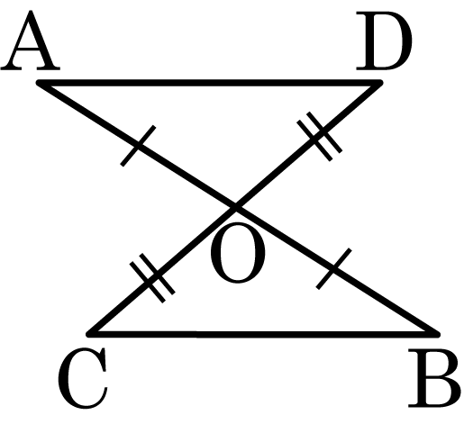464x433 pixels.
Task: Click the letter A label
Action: (30, 41)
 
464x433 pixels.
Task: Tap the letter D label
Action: (384, 41)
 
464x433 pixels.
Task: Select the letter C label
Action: (83, 378)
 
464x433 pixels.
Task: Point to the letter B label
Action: (434, 379)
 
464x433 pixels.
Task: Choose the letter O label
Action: (238, 253)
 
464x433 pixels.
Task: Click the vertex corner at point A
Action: (39, 83)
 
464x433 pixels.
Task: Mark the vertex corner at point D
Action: (380, 83)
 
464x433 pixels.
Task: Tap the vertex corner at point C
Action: (89, 334)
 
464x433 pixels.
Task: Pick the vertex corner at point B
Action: (437, 334)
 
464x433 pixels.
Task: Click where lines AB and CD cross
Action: (235, 207)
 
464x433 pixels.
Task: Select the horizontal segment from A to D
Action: (210, 83)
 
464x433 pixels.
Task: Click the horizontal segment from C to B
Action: (263, 334)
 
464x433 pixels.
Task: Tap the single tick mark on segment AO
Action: (138, 146)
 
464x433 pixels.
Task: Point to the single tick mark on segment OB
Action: (333, 269)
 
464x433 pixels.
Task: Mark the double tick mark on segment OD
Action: (319, 137)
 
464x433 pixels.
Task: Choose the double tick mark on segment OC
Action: (152, 278)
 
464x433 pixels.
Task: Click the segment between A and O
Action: (137, 145)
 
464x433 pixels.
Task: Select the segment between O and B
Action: (336, 271)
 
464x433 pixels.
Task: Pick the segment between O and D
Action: (307, 145)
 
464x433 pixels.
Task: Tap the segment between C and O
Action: (162, 271)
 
